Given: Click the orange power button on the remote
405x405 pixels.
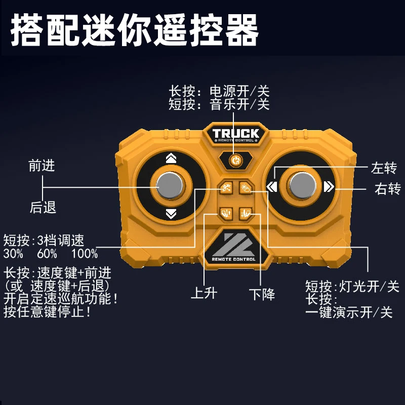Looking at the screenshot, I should click(x=234, y=161).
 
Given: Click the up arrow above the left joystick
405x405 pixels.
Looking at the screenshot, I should click(x=171, y=158).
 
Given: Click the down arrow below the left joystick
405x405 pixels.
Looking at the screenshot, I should click(x=171, y=214).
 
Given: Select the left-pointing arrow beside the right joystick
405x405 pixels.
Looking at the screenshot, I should click(x=272, y=186).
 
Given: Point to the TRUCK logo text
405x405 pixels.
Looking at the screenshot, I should click(x=235, y=134).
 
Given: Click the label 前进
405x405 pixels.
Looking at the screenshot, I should click(x=42, y=165).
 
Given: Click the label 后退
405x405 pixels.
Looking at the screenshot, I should click(x=42, y=207).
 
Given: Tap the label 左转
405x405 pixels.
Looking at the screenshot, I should click(x=383, y=168).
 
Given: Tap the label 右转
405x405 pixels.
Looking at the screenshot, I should click(x=387, y=189).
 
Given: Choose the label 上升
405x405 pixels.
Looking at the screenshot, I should click(x=204, y=293).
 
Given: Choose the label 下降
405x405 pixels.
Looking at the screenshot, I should click(x=262, y=294).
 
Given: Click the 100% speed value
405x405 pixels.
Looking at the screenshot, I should click(x=85, y=253).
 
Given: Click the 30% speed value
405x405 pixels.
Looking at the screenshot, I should click(x=14, y=253).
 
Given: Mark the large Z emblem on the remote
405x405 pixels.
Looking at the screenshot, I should click(x=234, y=244).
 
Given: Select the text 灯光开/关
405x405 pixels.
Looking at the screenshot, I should click(x=369, y=287).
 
